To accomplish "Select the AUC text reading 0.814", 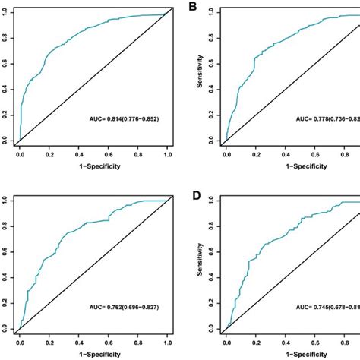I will coord(132,120).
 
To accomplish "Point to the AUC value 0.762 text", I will coord(132,308).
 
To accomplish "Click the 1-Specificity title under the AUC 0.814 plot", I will coord(93,166).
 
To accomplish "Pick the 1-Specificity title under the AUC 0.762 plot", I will coord(93,354).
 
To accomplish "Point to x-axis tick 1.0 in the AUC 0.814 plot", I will coord(169,153).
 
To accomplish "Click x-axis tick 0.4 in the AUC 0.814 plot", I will coord(79,153).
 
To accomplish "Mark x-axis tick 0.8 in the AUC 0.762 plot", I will coord(139,341).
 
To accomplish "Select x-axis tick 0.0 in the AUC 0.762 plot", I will coord(20,341).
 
